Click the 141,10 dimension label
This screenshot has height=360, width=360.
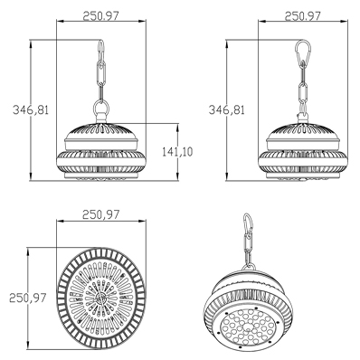point(177,152)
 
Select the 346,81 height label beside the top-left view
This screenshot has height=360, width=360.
point(31,109)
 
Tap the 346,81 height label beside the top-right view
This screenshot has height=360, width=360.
point(227,109)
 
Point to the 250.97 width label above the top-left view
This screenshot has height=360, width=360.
point(101,15)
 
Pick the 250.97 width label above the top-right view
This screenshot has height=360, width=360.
point(303,15)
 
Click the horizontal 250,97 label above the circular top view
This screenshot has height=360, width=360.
point(101,214)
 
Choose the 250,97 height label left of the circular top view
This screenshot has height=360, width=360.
point(28,298)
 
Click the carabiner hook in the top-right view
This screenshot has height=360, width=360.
point(303,53)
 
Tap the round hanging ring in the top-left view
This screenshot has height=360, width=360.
point(101,108)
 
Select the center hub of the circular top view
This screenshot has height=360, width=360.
point(101,298)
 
